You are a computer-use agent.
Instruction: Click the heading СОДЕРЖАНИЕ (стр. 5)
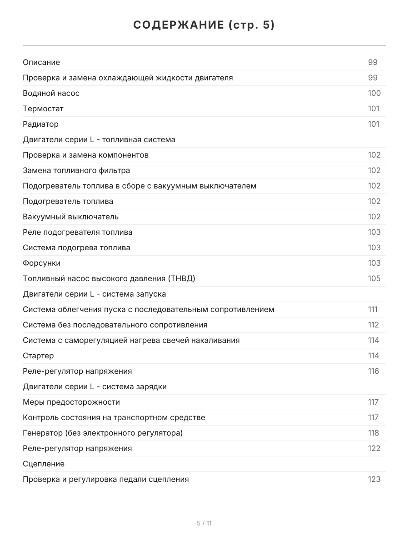[204, 25]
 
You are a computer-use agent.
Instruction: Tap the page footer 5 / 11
[204, 523]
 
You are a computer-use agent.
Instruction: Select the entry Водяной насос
[51, 93]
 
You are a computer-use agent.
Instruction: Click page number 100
[374, 93]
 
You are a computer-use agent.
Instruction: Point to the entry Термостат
[43, 109]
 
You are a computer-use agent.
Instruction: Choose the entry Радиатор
[40, 124]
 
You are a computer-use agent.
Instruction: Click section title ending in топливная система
[99, 139]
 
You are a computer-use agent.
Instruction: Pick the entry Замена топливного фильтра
[76, 170]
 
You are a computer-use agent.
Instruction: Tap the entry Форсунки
[41, 263]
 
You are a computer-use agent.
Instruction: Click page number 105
[374, 278]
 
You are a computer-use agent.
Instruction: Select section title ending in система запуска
[94, 294]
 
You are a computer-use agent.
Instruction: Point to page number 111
[373, 309]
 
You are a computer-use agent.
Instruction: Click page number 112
[373, 325]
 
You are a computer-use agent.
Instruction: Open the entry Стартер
[38, 356]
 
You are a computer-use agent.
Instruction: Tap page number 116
[373, 371]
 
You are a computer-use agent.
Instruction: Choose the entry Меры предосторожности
[71, 402]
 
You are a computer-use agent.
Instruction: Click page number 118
[373, 433]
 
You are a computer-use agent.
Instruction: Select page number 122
[374, 448]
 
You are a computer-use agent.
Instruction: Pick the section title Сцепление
[44, 464]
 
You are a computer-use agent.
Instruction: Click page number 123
[374, 479]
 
